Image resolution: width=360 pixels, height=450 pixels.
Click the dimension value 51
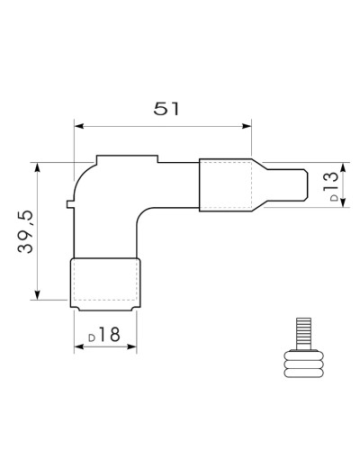(166, 109)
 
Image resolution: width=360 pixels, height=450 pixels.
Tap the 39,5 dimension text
(25, 231)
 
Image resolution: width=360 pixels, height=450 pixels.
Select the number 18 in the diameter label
(109, 335)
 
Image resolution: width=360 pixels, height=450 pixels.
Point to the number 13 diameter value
(331, 181)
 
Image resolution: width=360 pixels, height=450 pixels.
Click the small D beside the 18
(92, 337)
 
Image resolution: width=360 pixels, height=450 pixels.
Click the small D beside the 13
(334, 198)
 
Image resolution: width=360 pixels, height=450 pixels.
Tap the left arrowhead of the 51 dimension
(79, 126)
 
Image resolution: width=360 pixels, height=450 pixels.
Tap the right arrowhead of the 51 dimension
(247, 126)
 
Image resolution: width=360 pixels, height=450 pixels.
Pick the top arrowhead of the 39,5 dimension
(37, 167)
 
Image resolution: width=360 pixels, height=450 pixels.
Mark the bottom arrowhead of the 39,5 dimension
(37, 295)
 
